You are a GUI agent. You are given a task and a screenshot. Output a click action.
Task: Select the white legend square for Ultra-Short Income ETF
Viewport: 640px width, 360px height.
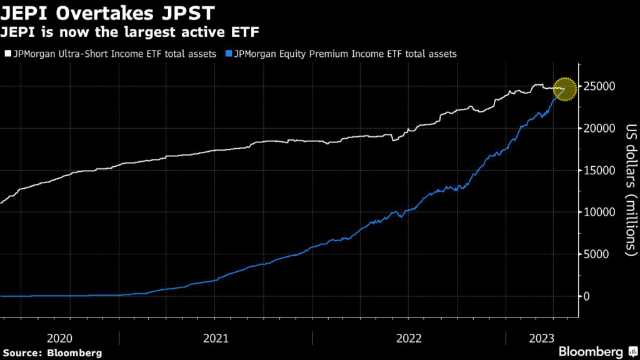point(7,54)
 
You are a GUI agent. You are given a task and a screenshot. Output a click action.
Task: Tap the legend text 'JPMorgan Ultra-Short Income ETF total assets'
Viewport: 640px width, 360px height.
point(114,54)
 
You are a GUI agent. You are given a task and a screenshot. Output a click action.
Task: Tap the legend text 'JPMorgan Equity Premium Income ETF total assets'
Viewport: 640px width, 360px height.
point(344,54)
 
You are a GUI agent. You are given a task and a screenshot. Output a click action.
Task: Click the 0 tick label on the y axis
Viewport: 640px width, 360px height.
point(587,296)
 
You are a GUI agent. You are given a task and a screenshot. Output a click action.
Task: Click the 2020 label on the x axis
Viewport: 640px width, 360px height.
point(60,337)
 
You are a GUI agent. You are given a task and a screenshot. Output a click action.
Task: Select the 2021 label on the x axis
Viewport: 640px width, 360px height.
point(216,337)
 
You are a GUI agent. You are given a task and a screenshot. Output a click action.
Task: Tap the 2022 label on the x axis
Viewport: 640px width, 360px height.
point(409,337)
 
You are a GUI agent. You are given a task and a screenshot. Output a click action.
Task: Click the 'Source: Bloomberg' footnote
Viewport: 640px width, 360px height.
point(52,352)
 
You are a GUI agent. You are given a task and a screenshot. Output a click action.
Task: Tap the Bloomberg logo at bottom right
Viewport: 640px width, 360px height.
point(590,352)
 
